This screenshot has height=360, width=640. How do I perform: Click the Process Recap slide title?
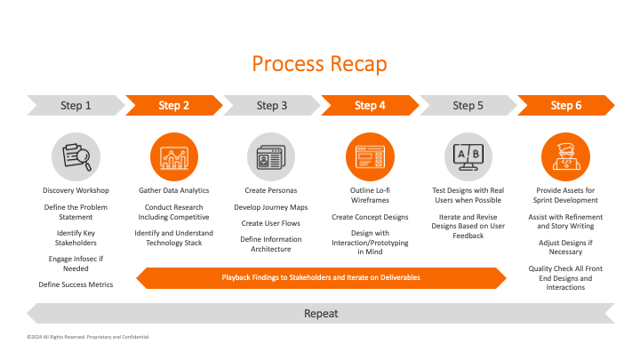point(319,64)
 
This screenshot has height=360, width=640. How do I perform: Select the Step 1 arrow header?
point(76,106)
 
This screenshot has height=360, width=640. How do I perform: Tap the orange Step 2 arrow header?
point(173,106)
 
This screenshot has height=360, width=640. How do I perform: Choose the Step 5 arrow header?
point(468,106)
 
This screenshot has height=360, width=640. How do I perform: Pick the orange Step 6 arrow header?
point(566,106)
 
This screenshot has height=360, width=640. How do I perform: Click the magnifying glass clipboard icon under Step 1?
point(76,156)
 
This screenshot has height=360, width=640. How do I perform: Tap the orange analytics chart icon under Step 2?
point(173,156)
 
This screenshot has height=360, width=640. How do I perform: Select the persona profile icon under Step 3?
point(271,156)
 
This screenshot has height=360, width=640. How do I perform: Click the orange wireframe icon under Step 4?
point(369,156)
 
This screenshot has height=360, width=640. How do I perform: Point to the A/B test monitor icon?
point(468,156)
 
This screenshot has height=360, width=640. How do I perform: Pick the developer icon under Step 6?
point(566,156)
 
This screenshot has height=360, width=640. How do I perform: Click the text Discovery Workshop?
point(76,190)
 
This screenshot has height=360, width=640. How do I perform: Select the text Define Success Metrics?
point(76,284)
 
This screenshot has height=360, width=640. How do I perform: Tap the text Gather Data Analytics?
point(173,190)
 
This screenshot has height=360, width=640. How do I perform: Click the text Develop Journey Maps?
point(271,206)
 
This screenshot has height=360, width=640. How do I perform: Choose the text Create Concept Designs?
point(369,217)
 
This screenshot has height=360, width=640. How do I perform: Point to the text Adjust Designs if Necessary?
point(566,246)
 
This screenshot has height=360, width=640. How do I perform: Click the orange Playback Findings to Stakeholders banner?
point(320,278)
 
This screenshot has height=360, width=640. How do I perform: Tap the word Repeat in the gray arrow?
point(320,314)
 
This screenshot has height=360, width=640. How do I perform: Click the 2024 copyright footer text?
point(89,338)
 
